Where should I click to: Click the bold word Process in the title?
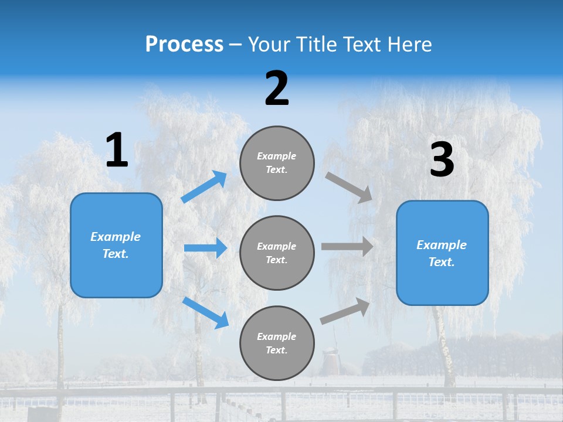(184, 45)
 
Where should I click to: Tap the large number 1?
(117, 151)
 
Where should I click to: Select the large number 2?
(277, 89)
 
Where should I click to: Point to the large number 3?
(442, 160)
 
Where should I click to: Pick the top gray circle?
(277, 163)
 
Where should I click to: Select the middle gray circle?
(277, 253)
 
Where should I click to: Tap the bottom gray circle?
(277, 343)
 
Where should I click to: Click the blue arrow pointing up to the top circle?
(204, 187)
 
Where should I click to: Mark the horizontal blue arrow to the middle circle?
(205, 248)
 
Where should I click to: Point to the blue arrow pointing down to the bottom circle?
(205, 312)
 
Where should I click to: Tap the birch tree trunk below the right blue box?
(446, 346)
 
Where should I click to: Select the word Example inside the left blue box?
(116, 237)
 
